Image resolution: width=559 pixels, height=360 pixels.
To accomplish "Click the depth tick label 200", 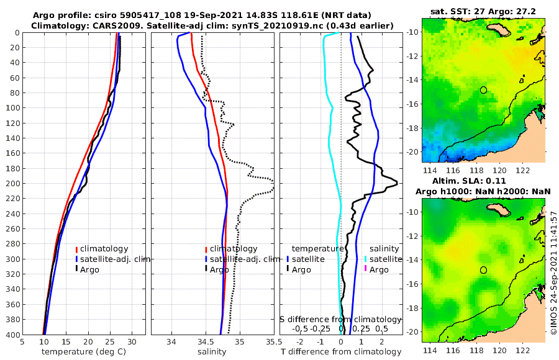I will click(x=11, y=183).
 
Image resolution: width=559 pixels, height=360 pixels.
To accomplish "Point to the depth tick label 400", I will click(x=11, y=335).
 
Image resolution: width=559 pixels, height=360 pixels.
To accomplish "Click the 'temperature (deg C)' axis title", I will click(x=83, y=352).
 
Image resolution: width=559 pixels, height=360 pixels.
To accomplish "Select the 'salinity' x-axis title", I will click(x=211, y=352).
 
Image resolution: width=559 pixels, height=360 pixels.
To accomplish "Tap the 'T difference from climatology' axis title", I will click(x=341, y=352).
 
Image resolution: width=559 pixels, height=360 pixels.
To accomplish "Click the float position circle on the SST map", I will click(x=484, y=90).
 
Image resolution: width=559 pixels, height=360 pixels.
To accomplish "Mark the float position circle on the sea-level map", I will click(x=484, y=270).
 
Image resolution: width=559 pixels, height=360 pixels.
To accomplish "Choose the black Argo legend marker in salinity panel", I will click(x=206, y=269).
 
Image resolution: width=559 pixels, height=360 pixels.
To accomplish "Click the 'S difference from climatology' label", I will click(x=340, y=319).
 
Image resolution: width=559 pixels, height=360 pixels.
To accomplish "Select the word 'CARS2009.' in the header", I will click(x=99, y=25).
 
